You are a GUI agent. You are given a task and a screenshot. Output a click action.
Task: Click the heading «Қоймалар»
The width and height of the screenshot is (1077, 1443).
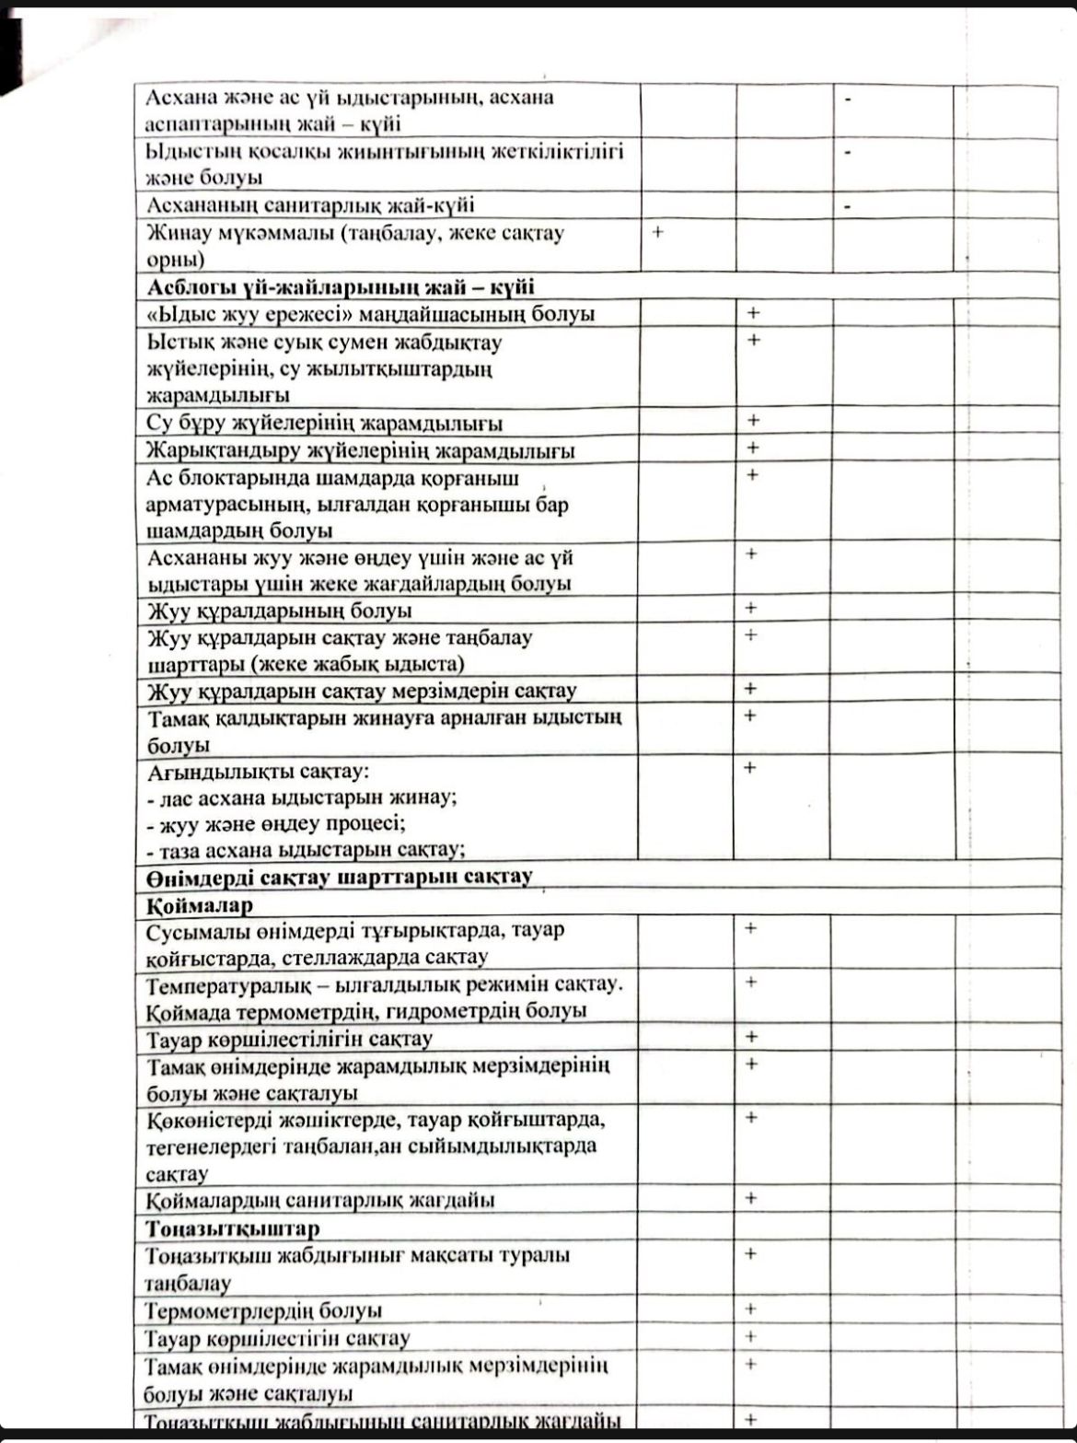point(200,905)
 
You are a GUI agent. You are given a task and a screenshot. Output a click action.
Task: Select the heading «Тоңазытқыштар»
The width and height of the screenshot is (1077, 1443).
point(233,1228)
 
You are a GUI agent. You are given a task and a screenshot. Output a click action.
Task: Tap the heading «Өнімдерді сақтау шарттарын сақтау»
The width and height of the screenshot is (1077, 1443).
point(339,876)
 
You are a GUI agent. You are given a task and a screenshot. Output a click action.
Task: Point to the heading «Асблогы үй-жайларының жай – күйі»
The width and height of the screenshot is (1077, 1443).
point(341,286)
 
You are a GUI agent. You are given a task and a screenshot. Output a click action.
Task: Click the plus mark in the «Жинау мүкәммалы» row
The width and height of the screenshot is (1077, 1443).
point(658,233)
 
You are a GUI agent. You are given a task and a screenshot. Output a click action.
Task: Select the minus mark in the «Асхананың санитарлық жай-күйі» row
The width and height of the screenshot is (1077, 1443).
point(847,205)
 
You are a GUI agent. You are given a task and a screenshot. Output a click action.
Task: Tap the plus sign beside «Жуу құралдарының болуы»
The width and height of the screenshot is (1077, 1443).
point(751,608)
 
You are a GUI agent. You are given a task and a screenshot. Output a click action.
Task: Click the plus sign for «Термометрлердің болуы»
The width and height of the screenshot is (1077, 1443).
point(751,1309)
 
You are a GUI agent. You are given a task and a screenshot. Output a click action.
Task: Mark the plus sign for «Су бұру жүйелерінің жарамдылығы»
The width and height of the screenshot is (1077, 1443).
point(753,421)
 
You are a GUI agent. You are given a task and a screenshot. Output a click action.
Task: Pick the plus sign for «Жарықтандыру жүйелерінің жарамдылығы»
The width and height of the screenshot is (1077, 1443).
point(753,448)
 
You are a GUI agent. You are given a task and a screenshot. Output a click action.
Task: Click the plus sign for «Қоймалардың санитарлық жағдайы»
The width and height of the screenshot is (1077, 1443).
point(751,1198)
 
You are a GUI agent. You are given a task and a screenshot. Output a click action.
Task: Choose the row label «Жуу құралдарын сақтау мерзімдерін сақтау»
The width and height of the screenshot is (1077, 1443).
point(362,691)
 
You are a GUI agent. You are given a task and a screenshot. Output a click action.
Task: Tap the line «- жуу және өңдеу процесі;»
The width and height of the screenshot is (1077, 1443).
point(276,823)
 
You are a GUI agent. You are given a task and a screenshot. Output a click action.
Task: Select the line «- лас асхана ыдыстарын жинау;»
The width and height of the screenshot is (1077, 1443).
point(303,797)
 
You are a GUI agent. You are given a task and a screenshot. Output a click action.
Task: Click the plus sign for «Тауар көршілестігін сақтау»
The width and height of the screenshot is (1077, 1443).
point(751,1336)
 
